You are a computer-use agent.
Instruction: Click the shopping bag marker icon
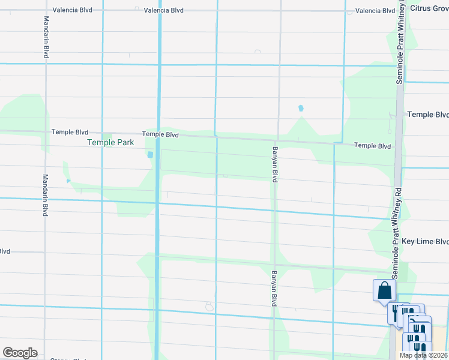(384, 291)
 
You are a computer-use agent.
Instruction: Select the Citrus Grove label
(429, 8)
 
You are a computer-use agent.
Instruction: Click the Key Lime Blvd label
(425, 241)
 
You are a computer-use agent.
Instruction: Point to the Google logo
(20, 353)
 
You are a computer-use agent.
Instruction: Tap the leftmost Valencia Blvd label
(72, 11)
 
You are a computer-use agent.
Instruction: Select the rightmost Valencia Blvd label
(375, 11)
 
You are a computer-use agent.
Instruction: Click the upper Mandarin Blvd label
(46, 37)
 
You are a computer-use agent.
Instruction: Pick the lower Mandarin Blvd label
(45, 195)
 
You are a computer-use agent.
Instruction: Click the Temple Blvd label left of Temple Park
(70, 132)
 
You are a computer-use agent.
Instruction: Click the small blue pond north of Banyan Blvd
(301, 109)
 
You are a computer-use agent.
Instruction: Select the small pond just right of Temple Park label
(149, 154)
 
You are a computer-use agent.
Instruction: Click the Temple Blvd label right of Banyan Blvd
(372, 146)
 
